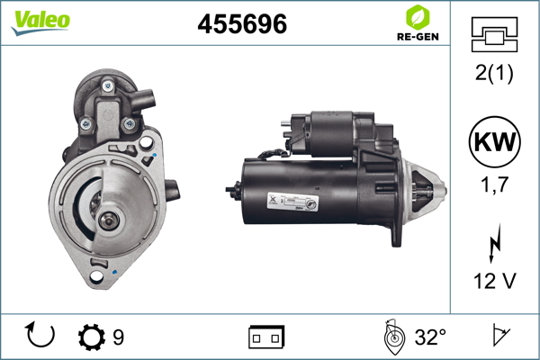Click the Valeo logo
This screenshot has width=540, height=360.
[x=40, y=22]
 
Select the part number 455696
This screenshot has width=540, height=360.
[x=242, y=23]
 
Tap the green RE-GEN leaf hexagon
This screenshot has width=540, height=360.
[x=418, y=17]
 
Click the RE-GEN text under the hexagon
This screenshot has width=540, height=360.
[x=418, y=37]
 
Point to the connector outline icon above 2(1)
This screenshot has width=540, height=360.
[x=494, y=34]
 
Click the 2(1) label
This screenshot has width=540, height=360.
[x=494, y=73]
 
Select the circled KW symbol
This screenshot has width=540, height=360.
[x=494, y=141]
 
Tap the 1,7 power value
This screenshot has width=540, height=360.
[x=494, y=184]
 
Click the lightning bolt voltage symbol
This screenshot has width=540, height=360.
[x=495, y=243]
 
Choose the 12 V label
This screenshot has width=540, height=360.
[x=495, y=281]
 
